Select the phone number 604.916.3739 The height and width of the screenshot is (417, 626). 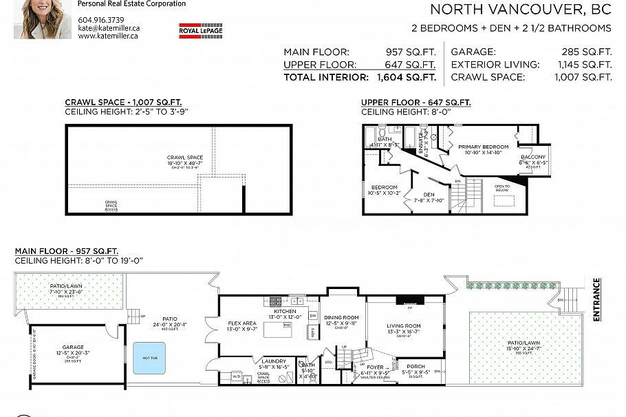click(101, 19)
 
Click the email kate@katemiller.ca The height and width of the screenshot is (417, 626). click(109, 28)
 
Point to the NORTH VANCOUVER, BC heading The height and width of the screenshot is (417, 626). click(520, 10)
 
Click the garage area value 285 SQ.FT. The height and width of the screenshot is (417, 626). click(586, 52)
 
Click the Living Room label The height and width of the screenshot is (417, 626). click(404, 326)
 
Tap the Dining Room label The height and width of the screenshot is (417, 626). click(341, 318)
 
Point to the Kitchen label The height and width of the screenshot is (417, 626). click(285, 312)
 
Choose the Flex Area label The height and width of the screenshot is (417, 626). click(242, 322)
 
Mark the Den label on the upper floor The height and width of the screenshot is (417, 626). click(429, 194)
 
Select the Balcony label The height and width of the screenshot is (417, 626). click(533, 157)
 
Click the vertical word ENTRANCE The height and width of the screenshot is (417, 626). click(596, 299)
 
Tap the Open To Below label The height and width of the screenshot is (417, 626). click(502, 187)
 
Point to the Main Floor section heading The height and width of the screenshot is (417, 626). click(66, 252)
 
